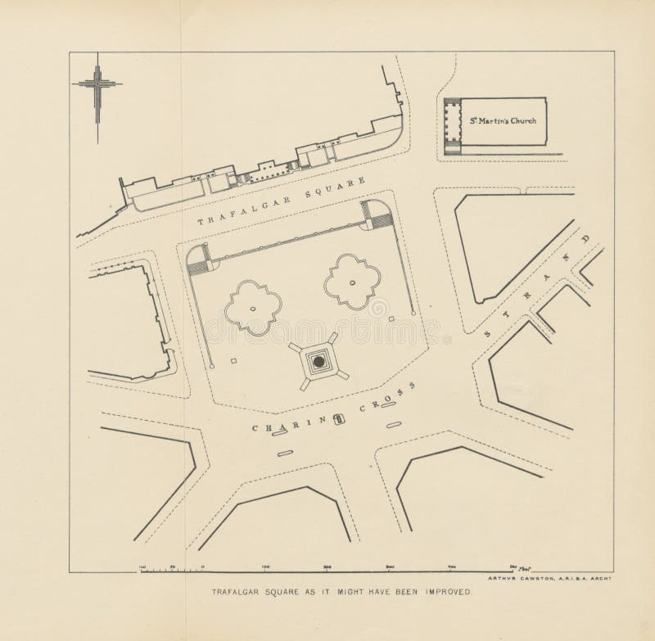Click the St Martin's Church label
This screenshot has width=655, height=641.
503,121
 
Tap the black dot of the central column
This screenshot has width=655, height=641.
316,360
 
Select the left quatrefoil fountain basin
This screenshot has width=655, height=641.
252,306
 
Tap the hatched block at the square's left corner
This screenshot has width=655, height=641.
197,262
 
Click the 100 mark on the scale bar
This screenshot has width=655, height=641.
265,567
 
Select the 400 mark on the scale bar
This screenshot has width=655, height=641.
453,567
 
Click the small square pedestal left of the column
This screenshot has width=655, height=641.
234,359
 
